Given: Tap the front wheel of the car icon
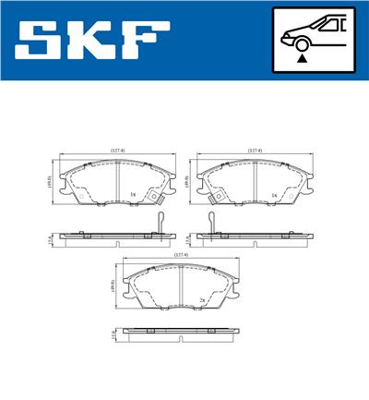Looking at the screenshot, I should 301,42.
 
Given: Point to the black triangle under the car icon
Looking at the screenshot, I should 302,58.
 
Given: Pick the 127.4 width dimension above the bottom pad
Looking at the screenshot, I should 180,254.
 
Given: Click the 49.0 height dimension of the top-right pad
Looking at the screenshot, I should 189,183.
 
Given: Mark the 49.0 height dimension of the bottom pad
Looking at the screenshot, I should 113,287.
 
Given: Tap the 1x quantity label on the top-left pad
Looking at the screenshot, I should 134,194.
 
